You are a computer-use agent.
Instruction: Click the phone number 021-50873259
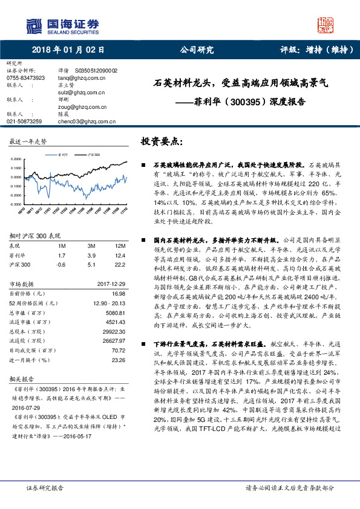click(24, 122)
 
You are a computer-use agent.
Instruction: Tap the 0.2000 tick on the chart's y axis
click(18, 159)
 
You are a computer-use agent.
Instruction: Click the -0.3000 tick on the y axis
click(18, 206)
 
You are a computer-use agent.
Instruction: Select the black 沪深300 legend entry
click(91, 155)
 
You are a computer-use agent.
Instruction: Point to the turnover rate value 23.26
click(119, 359)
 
